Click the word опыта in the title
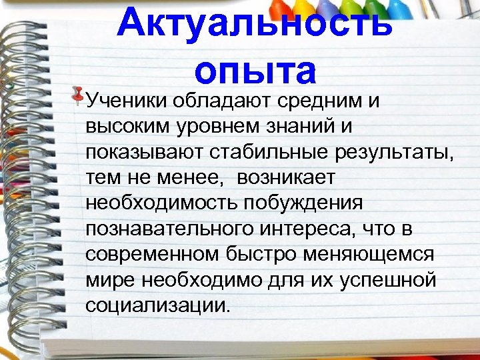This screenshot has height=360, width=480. pos(254,71)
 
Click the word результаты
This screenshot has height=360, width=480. pos(391,152)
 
